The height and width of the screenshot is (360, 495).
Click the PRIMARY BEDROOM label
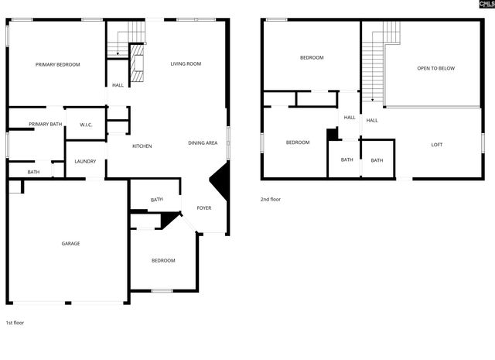coord(57,65)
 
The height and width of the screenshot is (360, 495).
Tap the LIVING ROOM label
coord(186,64)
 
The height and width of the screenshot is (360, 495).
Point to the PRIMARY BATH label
coord(45,124)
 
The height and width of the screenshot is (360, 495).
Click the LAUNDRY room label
coord(85,161)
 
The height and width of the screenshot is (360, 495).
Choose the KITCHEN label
coord(142,146)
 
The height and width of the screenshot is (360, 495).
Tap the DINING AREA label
coord(203,143)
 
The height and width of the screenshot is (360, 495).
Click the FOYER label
coord(203,208)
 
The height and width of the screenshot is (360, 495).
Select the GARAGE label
coord(70,244)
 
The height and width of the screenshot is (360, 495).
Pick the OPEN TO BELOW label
coord(435,68)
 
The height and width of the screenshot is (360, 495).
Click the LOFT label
coord(437,145)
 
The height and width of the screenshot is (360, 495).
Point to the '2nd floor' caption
coord(271,200)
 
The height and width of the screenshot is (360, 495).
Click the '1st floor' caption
coord(15,322)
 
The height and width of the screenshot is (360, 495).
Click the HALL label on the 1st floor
coord(118,85)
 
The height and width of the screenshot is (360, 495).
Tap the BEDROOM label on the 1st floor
coord(162,260)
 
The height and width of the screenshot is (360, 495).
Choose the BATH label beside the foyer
coord(157,201)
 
